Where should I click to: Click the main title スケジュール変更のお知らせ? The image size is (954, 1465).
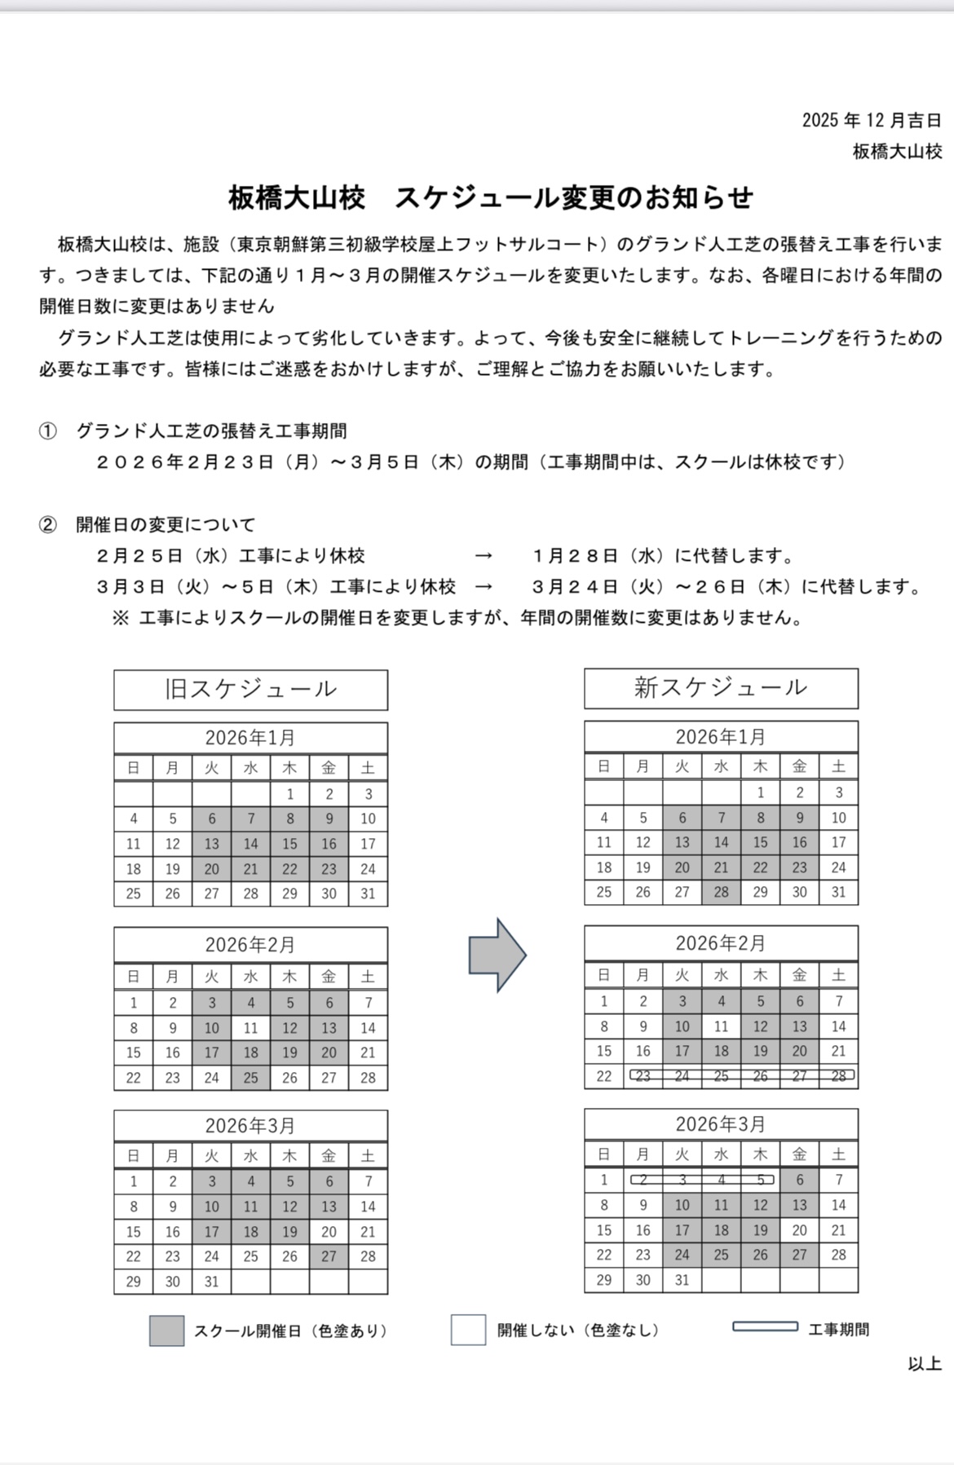click(x=491, y=198)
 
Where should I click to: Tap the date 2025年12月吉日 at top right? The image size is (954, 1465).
click(x=872, y=121)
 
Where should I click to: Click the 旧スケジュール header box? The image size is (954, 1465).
click(x=250, y=690)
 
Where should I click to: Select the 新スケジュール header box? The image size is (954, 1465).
click(x=721, y=688)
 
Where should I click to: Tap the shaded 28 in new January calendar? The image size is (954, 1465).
click(x=721, y=892)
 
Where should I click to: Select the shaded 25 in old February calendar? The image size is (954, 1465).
click(x=250, y=1078)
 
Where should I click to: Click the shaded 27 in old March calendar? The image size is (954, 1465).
click(x=329, y=1256)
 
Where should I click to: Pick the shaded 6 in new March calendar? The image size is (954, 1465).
click(x=799, y=1180)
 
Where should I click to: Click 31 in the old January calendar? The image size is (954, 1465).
click(x=368, y=894)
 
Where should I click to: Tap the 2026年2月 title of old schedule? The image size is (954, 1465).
click(x=250, y=945)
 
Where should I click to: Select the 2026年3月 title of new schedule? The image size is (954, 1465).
click(x=721, y=1124)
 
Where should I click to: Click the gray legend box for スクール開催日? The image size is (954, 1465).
click(x=166, y=1330)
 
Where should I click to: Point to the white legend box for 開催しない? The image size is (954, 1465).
click(x=468, y=1330)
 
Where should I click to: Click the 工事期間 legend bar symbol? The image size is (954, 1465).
click(x=765, y=1326)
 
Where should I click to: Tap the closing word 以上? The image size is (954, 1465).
click(x=925, y=1364)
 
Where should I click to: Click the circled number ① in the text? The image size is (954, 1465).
click(x=47, y=431)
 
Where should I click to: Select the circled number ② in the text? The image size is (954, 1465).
click(x=47, y=525)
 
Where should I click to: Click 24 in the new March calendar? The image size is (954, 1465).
click(x=682, y=1255)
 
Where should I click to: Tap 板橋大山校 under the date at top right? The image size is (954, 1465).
click(x=897, y=152)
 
